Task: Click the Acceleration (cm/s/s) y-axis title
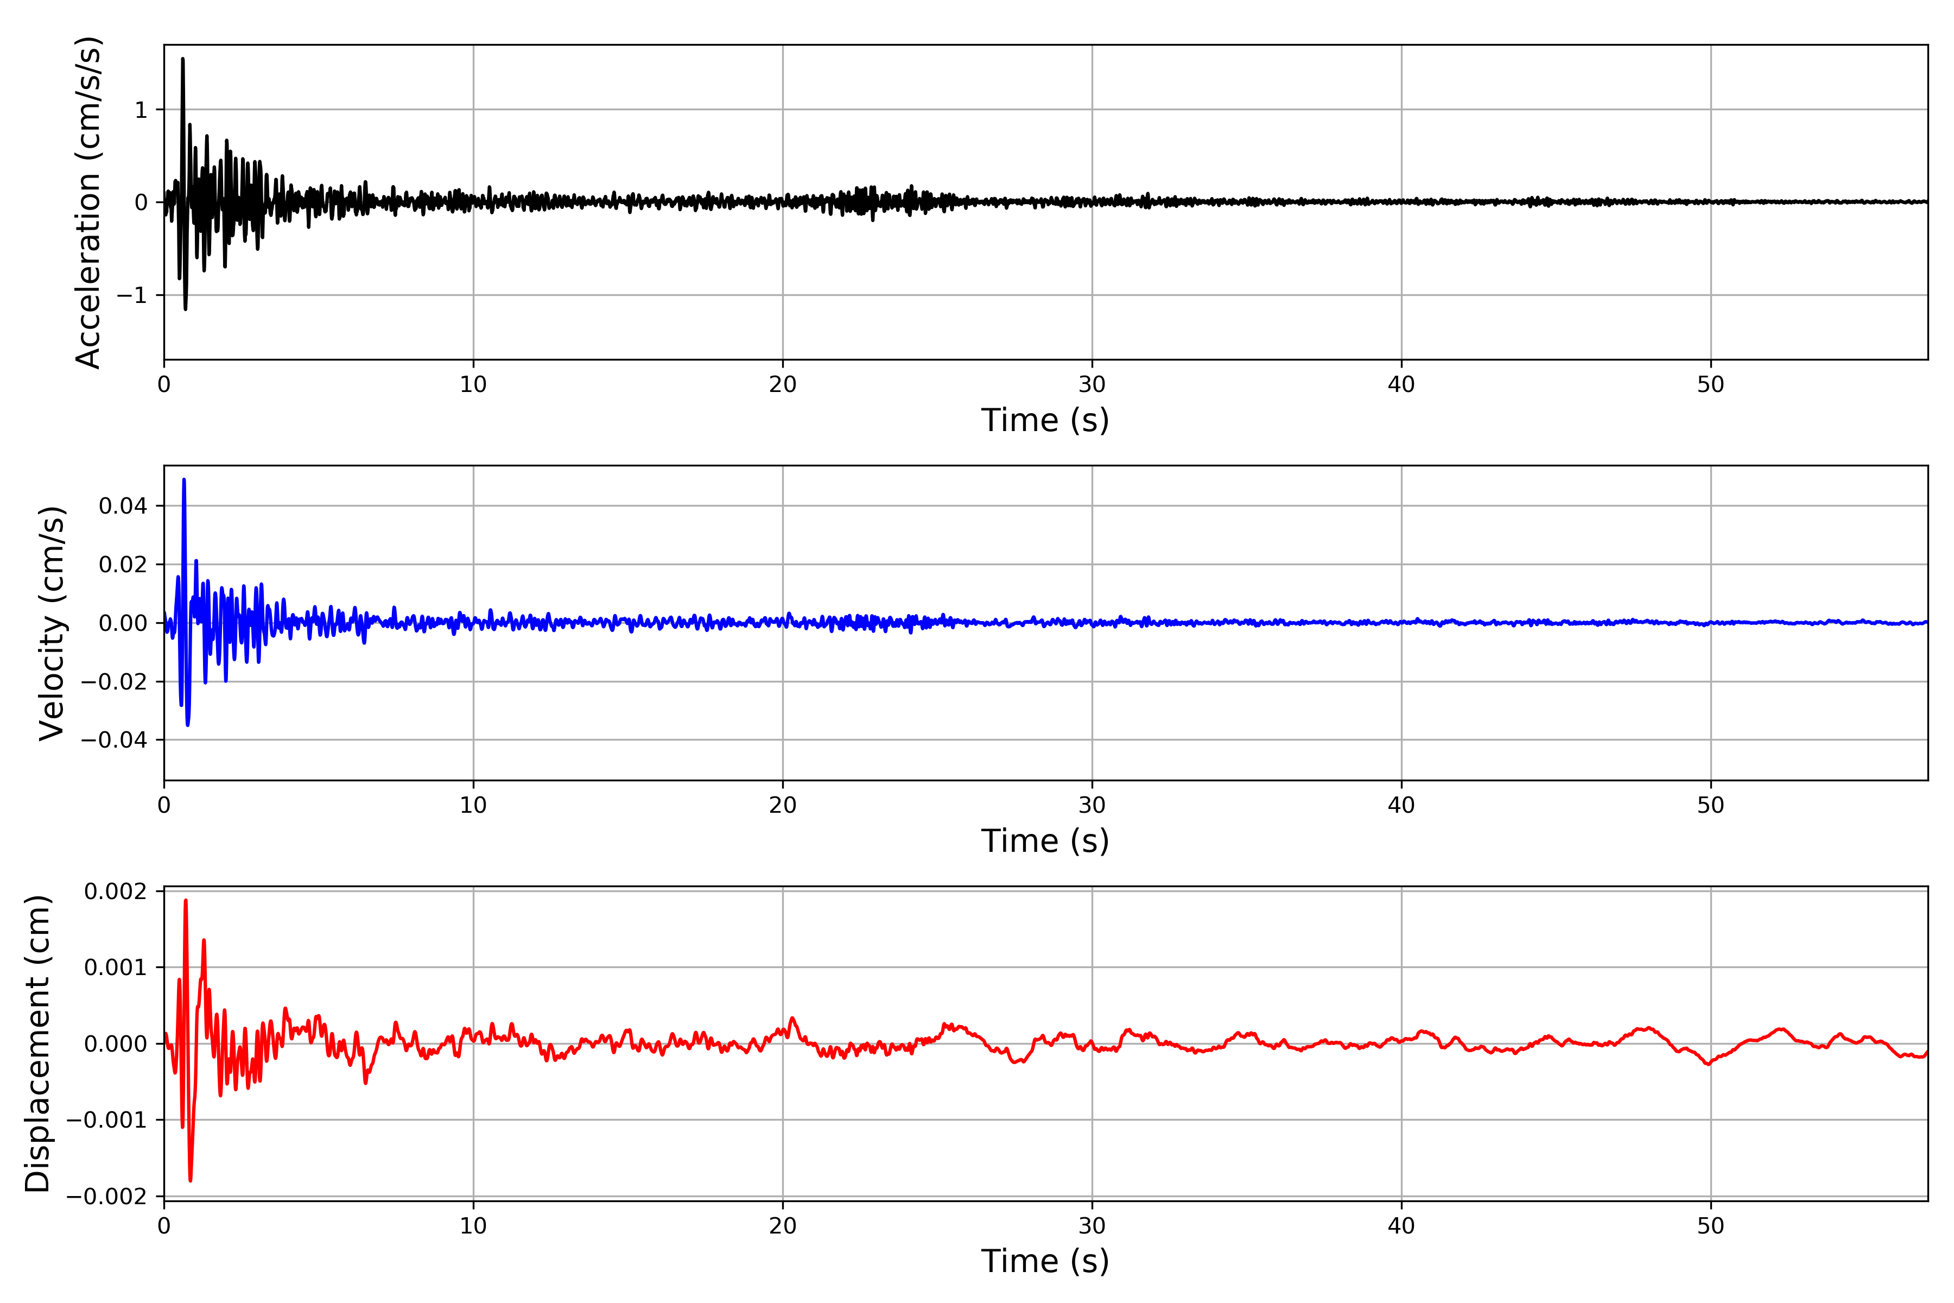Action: point(88,202)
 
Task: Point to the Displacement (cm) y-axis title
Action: point(37,1043)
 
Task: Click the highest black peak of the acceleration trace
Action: point(183,59)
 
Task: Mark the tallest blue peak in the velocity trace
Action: point(183,479)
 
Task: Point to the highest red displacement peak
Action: point(185,900)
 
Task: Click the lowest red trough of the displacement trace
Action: point(191,1180)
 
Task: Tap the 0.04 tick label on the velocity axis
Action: point(123,506)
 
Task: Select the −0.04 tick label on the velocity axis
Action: point(114,739)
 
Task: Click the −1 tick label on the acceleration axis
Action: point(132,295)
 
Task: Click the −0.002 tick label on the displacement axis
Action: point(106,1197)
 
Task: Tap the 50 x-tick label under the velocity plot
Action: point(1711,805)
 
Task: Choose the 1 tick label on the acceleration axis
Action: point(141,110)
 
